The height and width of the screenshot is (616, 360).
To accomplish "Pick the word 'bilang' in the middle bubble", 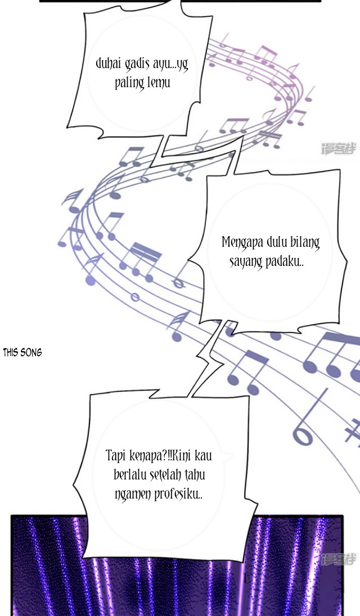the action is pyautogui.click(x=305, y=243).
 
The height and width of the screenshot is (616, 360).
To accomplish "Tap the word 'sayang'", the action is pyautogui.click(x=246, y=263).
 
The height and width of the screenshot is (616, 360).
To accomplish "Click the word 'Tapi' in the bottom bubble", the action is pyautogui.click(x=115, y=456).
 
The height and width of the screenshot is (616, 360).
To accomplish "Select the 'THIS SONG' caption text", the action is pyautogui.click(x=22, y=352).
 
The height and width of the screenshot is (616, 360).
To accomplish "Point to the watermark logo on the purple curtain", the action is pyautogui.click(x=339, y=559).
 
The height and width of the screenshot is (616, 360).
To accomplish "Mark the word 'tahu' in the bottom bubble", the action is pyautogui.click(x=195, y=475).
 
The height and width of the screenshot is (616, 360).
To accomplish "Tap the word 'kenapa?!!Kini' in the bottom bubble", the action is pyautogui.click(x=160, y=456).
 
